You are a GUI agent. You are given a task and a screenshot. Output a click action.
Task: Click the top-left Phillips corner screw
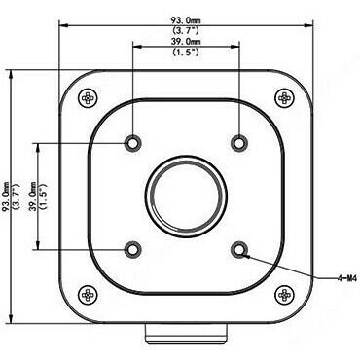pos(88,97)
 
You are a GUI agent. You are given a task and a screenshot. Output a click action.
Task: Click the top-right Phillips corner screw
pos(284,97)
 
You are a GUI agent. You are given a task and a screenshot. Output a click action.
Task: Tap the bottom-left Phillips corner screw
pos(88,295)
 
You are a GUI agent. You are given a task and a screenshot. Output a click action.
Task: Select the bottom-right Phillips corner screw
pos(284,295)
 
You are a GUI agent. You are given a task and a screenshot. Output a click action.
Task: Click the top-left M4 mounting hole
pos(133,143)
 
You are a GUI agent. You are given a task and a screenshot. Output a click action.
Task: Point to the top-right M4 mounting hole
pos(239,143)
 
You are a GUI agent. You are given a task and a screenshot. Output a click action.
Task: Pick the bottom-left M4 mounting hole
pos(133,249)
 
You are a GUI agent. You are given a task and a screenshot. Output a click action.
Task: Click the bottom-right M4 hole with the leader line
pos(239,249)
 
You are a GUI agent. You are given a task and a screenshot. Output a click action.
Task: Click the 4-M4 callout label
pos(346,278)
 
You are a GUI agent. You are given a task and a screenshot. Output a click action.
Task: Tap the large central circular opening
pos(186,197)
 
